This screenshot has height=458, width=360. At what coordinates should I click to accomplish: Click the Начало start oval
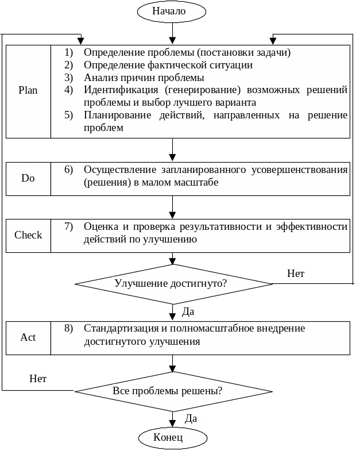(x=171, y=11)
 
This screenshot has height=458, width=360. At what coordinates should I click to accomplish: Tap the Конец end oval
(x=171, y=438)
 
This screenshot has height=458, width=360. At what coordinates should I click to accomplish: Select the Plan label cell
(x=28, y=91)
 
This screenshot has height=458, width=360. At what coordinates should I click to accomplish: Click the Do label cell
(x=28, y=178)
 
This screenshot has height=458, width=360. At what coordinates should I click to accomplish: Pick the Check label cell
(x=28, y=235)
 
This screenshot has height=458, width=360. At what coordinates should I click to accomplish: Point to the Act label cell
(x=28, y=337)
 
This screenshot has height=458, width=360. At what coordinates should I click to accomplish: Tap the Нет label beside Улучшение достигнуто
(x=296, y=274)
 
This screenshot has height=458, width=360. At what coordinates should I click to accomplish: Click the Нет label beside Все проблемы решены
(x=38, y=379)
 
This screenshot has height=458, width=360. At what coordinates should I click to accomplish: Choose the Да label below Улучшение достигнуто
(x=188, y=312)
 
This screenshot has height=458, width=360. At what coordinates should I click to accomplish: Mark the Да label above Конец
(x=192, y=418)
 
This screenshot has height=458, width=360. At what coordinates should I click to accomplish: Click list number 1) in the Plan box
(x=69, y=52)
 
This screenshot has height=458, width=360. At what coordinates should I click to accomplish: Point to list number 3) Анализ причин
(x=69, y=78)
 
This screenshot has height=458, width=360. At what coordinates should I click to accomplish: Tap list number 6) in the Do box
(x=69, y=170)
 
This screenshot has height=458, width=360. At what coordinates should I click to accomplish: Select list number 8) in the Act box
(x=69, y=329)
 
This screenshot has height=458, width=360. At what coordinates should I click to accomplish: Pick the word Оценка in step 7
(x=99, y=226)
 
